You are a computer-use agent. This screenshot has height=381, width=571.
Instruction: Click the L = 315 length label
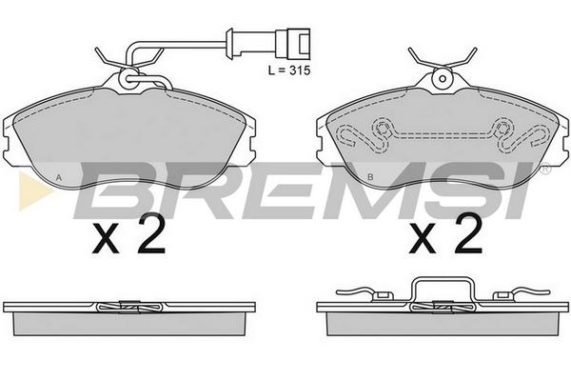289,70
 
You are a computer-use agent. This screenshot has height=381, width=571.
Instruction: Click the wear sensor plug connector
293,44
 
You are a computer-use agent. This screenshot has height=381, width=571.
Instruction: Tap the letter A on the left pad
59,177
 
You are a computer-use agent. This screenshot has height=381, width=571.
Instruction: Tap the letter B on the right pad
370,177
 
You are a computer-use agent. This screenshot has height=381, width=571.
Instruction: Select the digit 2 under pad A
152,233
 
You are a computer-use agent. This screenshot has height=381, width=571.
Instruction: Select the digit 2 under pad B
468,233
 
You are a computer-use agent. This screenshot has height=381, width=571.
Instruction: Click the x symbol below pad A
106,238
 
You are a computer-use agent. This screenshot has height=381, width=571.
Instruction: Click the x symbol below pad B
423,238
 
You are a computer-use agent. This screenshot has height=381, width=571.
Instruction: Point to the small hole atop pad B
443,78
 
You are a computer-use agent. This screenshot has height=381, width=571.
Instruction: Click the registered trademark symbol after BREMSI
544,170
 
